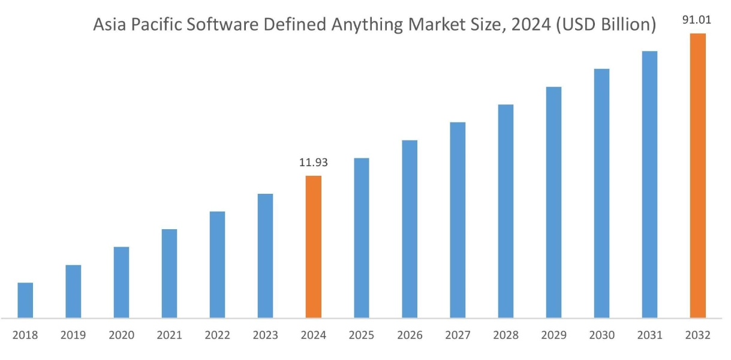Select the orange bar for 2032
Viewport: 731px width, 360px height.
pyautogui.click(x=697, y=175)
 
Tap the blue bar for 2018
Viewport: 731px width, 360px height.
pyautogui.click(x=25, y=300)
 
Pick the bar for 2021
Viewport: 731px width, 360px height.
pyautogui.click(x=169, y=273)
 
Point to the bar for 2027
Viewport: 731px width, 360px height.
pyautogui.click(x=458, y=220)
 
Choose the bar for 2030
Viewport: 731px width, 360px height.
pyautogui.click(x=601, y=193)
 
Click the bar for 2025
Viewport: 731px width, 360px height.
pyautogui.click(x=362, y=238)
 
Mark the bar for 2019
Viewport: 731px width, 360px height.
pyautogui.click(x=73, y=291)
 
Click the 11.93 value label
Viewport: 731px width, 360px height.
pyautogui.click(x=313, y=163)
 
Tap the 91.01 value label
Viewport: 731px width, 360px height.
pyautogui.click(x=697, y=20)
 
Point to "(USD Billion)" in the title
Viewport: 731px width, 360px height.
pyautogui.click(x=604, y=26)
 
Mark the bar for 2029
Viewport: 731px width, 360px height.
pyautogui.click(x=553, y=202)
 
